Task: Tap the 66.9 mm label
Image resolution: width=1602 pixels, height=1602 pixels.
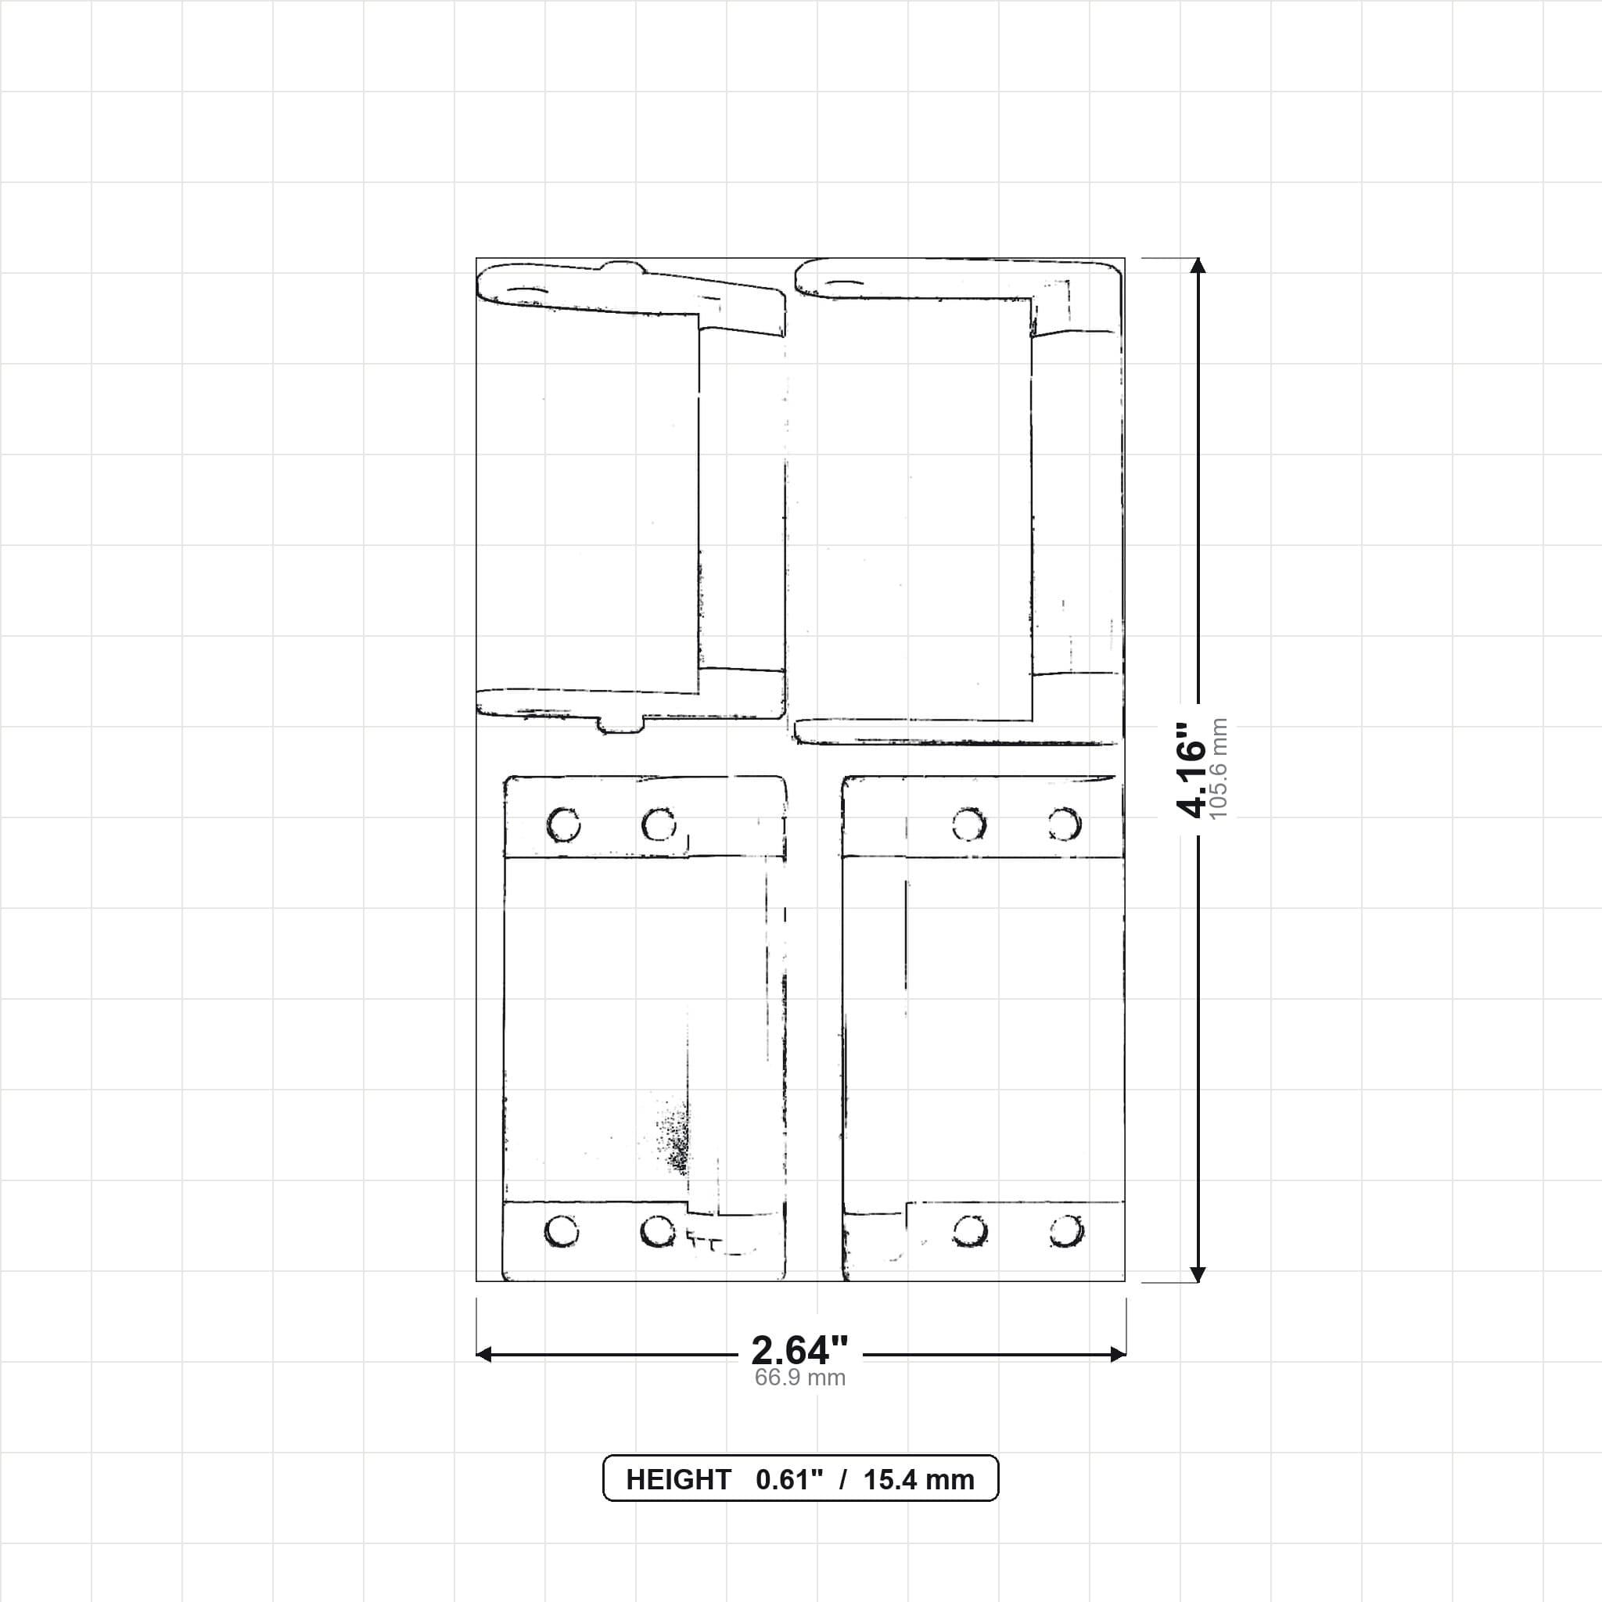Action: [x=799, y=1378]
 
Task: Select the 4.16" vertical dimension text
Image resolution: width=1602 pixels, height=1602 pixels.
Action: [x=1191, y=770]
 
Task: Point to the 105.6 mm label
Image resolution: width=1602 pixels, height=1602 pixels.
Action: [x=1218, y=770]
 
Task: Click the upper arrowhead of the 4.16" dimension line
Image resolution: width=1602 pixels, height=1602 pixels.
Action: [x=1198, y=265]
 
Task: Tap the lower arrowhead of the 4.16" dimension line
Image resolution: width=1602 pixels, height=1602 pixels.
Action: [x=1198, y=1274]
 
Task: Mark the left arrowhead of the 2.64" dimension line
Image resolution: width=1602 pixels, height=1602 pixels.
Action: [x=484, y=1354]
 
